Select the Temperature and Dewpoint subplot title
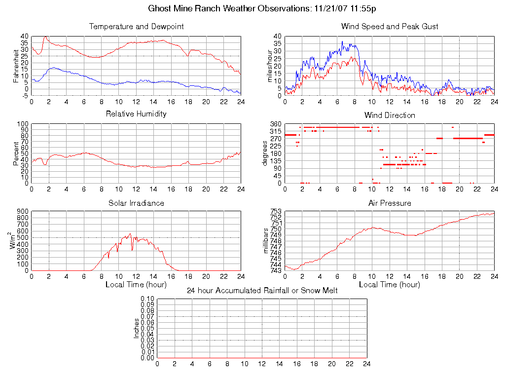[x=136, y=26]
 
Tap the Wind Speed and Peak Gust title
[x=390, y=26]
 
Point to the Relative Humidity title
[x=136, y=114]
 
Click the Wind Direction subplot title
[x=390, y=115]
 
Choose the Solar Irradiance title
[x=136, y=203]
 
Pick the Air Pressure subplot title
[x=390, y=203]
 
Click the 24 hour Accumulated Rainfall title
[x=262, y=290]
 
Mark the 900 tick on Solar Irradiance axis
[x=23, y=212]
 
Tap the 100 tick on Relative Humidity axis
[x=23, y=124]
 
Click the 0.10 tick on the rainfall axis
[x=147, y=299]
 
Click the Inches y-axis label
[x=137, y=328]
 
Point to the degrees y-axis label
[x=265, y=153]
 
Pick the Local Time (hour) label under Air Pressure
[x=390, y=285]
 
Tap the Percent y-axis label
[x=16, y=153]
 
